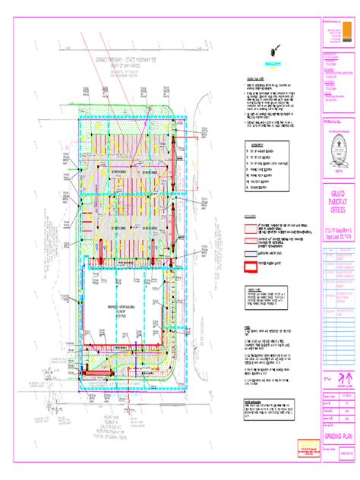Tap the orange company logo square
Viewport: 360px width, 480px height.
[x=323, y=35]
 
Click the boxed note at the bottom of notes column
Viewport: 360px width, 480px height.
[x=270, y=406]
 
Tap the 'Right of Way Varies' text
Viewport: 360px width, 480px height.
[x=125, y=68]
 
